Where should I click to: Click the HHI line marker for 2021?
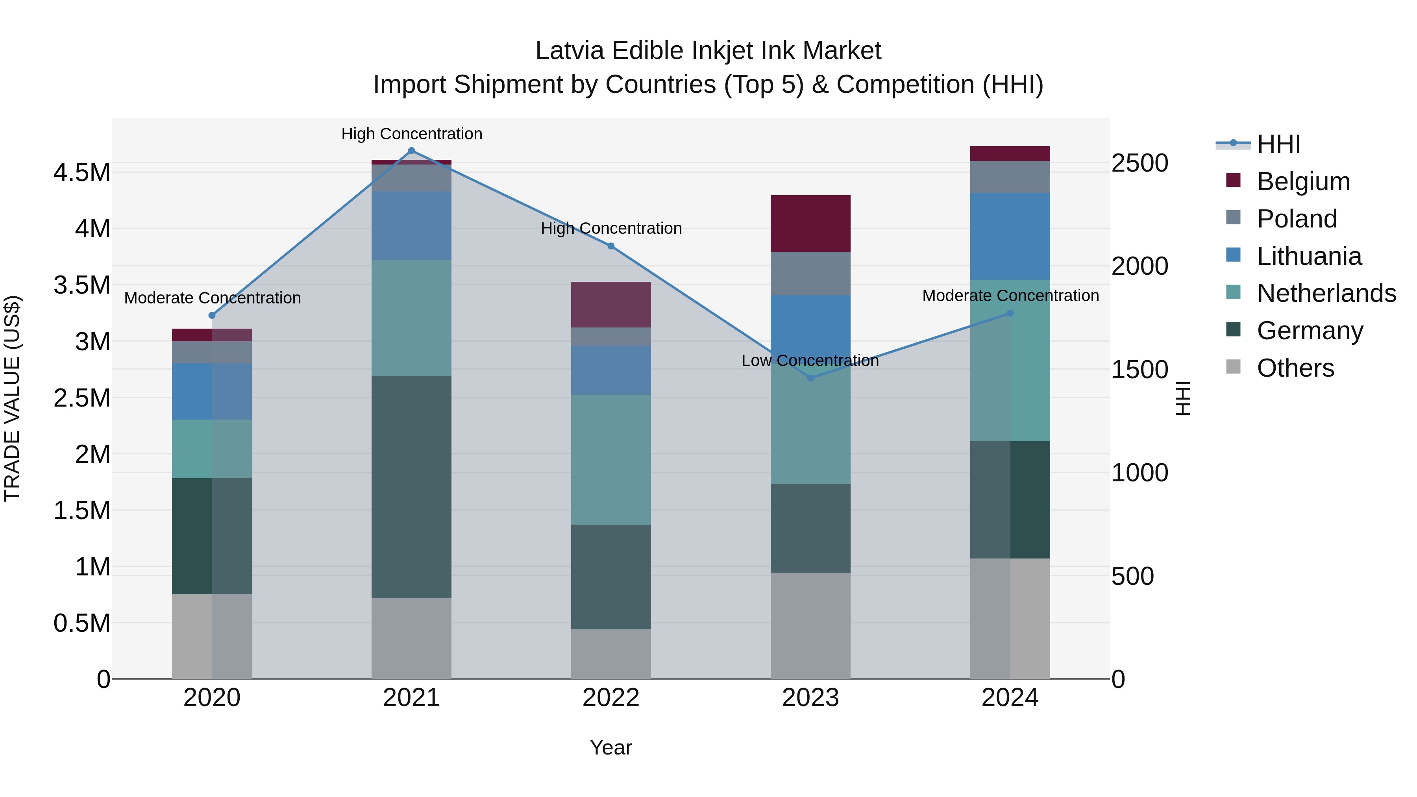point(411,151)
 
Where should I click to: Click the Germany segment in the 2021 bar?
point(411,487)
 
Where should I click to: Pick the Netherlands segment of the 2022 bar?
point(610,459)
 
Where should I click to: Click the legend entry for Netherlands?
point(1326,293)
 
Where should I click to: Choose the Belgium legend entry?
point(1302,181)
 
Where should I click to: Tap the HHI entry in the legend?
point(1278,144)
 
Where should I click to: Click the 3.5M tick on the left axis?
point(82,285)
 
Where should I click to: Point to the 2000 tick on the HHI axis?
point(1139,266)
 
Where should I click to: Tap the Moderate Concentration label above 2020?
point(212,298)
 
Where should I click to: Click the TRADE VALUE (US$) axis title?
point(12,398)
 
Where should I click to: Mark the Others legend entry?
point(1295,368)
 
